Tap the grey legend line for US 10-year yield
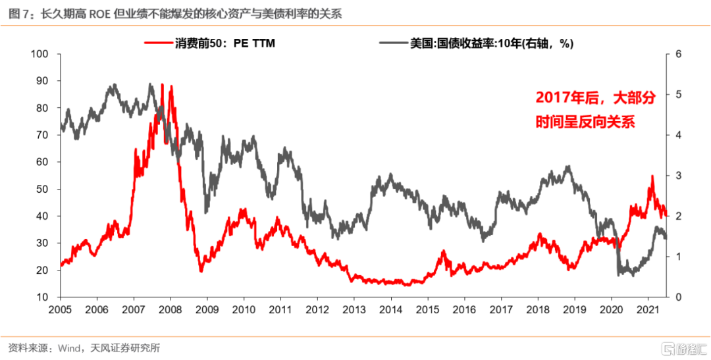[x=393, y=43]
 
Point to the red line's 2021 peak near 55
[x=652, y=176]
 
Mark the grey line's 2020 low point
[x=619, y=274]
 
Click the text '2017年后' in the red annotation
[x=560, y=99]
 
